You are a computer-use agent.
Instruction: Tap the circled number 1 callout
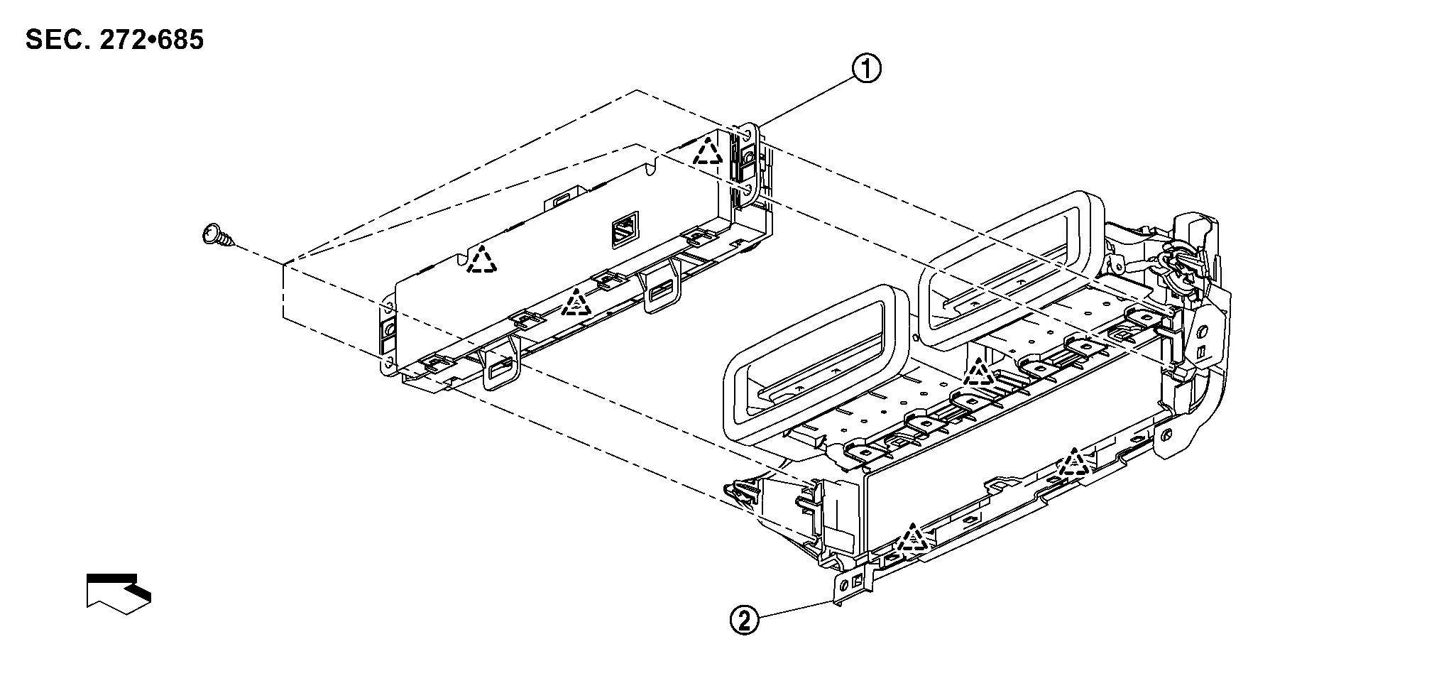(867, 69)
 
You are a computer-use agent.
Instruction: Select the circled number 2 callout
(743, 621)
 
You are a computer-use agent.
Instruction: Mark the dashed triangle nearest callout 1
(708, 150)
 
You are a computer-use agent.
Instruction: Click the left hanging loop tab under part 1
(501, 366)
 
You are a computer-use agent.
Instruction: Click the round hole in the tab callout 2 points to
(843, 584)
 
